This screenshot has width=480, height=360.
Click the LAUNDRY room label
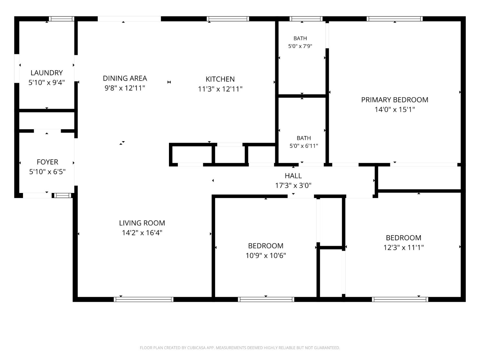[x=47, y=73]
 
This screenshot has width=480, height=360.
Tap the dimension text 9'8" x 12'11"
[x=125, y=88]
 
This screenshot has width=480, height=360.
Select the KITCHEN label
[x=220, y=79]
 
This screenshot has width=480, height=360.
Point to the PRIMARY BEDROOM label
[x=395, y=100]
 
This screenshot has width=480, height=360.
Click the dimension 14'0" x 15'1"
[x=395, y=109]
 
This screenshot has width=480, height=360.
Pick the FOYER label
[x=47, y=162]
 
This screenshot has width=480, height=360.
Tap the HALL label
[x=293, y=176]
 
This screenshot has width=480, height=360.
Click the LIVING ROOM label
[x=142, y=223]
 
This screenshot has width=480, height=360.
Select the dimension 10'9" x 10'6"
[x=266, y=255]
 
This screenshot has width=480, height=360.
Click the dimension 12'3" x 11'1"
[x=404, y=247]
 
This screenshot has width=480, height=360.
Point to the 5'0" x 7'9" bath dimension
[x=300, y=46]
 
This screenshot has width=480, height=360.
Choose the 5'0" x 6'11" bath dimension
[x=304, y=146]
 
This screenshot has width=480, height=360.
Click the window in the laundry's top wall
[x=61, y=19]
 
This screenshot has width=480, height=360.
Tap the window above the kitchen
[x=228, y=19]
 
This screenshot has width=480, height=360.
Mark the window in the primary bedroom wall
[x=395, y=19]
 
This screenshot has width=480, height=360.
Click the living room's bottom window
[x=143, y=300]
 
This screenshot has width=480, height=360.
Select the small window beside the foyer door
[x=63, y=196]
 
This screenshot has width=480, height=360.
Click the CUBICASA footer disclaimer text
[x=240, y=348]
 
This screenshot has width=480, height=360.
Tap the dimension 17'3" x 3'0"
[x=293, y=186]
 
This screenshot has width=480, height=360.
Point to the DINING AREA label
[x=125, y=78]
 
